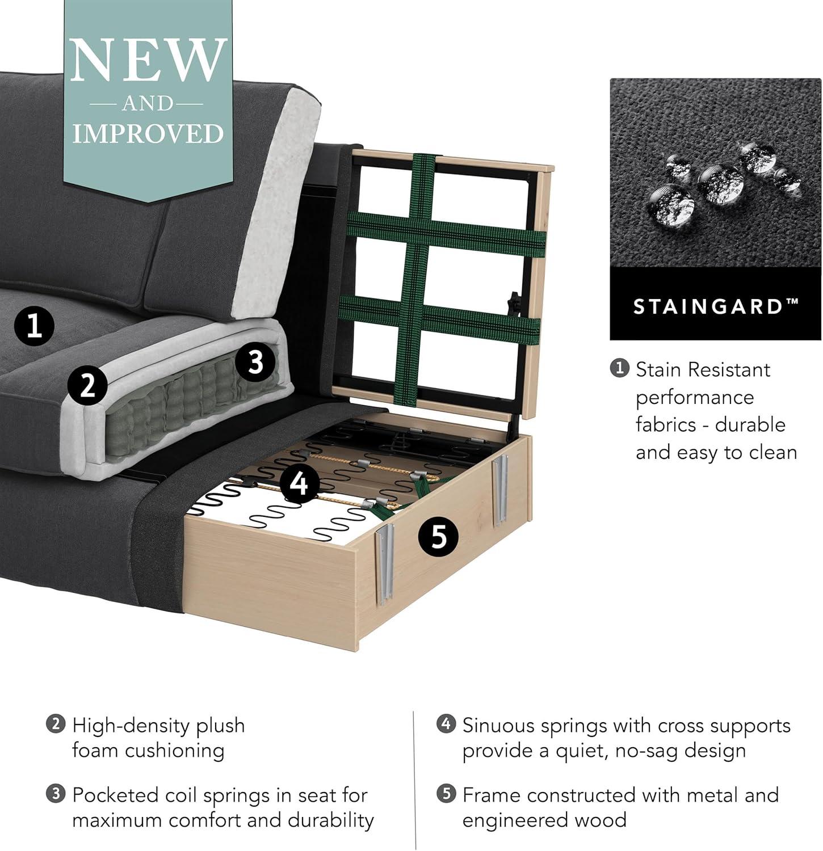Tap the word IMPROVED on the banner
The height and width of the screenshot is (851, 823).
148,134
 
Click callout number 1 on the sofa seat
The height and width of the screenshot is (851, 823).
35,327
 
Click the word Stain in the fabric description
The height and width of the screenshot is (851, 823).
659,370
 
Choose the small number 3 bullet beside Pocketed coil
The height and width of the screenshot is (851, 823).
56,794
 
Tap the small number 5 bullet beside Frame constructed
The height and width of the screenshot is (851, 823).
447,794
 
